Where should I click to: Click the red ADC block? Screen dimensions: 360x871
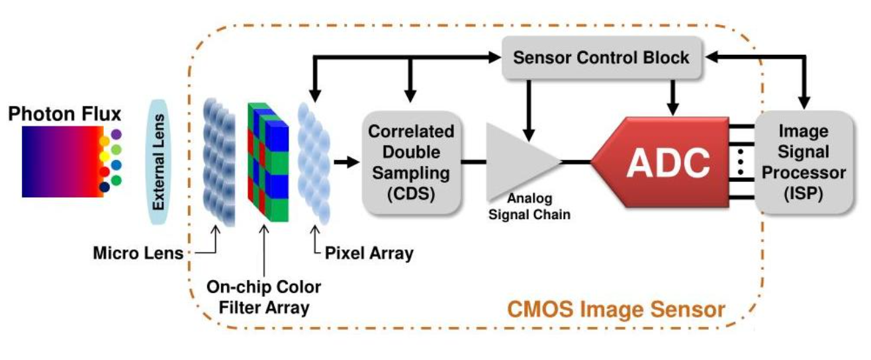[662, 161]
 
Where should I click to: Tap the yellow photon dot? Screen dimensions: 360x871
[104, 156]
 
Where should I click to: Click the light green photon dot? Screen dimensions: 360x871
[116, 149]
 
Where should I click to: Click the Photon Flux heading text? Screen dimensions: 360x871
[65, 114]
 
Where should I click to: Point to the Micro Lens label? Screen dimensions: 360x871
[138, 253]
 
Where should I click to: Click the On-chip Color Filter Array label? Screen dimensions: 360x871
[263, 296]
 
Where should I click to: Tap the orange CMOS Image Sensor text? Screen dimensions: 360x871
[616, 310]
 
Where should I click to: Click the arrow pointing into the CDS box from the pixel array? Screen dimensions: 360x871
[346, 161]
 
